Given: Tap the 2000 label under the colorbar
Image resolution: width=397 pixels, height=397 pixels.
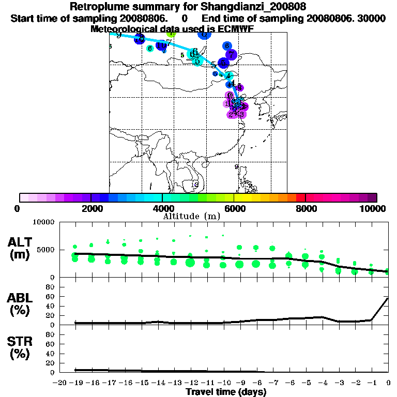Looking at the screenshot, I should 91,208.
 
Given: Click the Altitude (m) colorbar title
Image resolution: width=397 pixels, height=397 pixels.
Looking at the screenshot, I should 191,216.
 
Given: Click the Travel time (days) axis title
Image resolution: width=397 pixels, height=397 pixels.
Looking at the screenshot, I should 226,392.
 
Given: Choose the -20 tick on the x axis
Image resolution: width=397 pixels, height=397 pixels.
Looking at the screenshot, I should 60,383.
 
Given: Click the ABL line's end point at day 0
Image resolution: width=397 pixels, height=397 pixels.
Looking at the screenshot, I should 388,298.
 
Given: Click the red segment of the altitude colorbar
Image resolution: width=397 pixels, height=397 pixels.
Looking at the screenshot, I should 300,197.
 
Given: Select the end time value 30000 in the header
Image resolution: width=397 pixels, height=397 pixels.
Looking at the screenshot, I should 371,18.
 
